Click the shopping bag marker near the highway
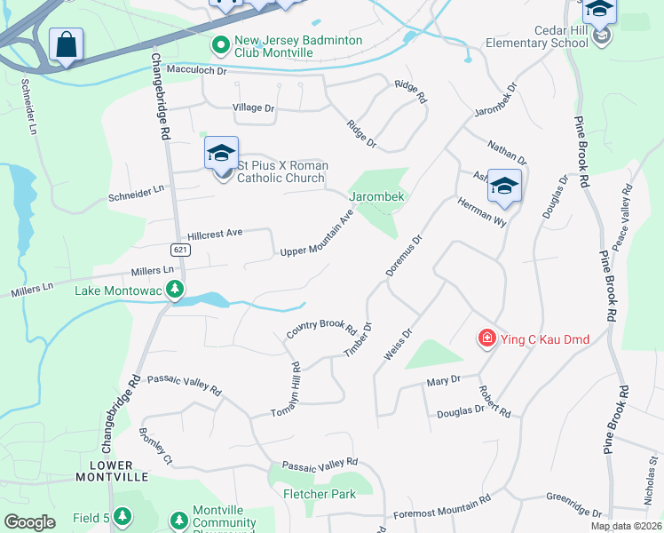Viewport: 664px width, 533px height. point(66,44)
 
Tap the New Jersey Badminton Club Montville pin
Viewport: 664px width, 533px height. point(219,43)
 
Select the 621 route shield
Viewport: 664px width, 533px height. point(180,250)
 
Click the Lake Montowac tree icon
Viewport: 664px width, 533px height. point(176,290)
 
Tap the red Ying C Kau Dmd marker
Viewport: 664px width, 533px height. point(486,338)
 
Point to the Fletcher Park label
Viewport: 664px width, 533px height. point(319,494)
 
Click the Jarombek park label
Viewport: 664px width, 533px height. point(377,195)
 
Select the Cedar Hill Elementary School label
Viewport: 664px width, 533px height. point(537,42)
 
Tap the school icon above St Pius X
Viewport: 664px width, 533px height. point(221,153)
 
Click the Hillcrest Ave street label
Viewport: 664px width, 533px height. point(215,235)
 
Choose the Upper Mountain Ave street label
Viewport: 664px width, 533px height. point(317,234)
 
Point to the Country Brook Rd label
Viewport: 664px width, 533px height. point(320,330)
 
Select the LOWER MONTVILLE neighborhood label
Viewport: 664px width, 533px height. point(111,471)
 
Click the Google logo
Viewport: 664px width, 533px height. point(29,522)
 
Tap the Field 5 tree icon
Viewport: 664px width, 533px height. point(123,516)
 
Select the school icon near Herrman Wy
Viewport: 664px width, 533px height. point(503,185)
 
